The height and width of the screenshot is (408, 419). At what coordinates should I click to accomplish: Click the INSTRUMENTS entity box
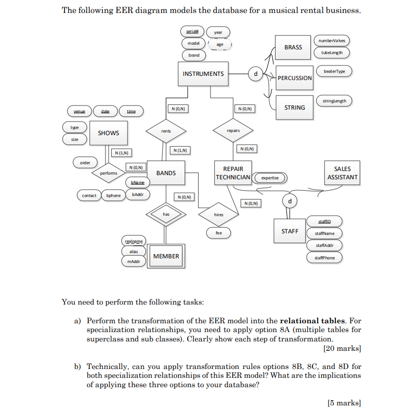203,74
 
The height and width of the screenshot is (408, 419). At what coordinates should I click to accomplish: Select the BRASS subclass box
293,47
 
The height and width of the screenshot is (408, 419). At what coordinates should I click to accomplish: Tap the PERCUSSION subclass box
294,78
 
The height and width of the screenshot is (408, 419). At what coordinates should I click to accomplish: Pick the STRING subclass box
294,108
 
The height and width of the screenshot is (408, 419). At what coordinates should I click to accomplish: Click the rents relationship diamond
166,131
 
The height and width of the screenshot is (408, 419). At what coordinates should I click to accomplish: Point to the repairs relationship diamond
233,130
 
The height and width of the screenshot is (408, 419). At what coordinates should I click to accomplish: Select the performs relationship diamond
109,173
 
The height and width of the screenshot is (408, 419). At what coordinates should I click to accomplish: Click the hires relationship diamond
218,214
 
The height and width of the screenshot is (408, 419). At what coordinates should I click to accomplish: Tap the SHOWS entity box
108,133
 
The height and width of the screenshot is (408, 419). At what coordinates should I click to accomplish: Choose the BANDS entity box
166,173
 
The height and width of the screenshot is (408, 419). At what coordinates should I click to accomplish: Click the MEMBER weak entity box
166,256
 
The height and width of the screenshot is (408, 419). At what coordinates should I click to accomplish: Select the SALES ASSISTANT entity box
343,173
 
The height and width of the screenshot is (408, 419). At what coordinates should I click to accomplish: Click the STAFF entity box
290,231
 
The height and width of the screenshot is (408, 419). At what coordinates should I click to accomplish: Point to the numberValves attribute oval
332,41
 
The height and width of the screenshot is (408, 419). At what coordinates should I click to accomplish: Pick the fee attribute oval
218,233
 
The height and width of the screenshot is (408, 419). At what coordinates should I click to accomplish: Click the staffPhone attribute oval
325,257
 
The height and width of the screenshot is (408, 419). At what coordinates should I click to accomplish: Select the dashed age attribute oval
219,45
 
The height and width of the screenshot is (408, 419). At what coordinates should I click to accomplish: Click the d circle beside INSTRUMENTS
255,74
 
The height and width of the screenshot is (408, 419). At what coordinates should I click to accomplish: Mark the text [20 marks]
342,348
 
